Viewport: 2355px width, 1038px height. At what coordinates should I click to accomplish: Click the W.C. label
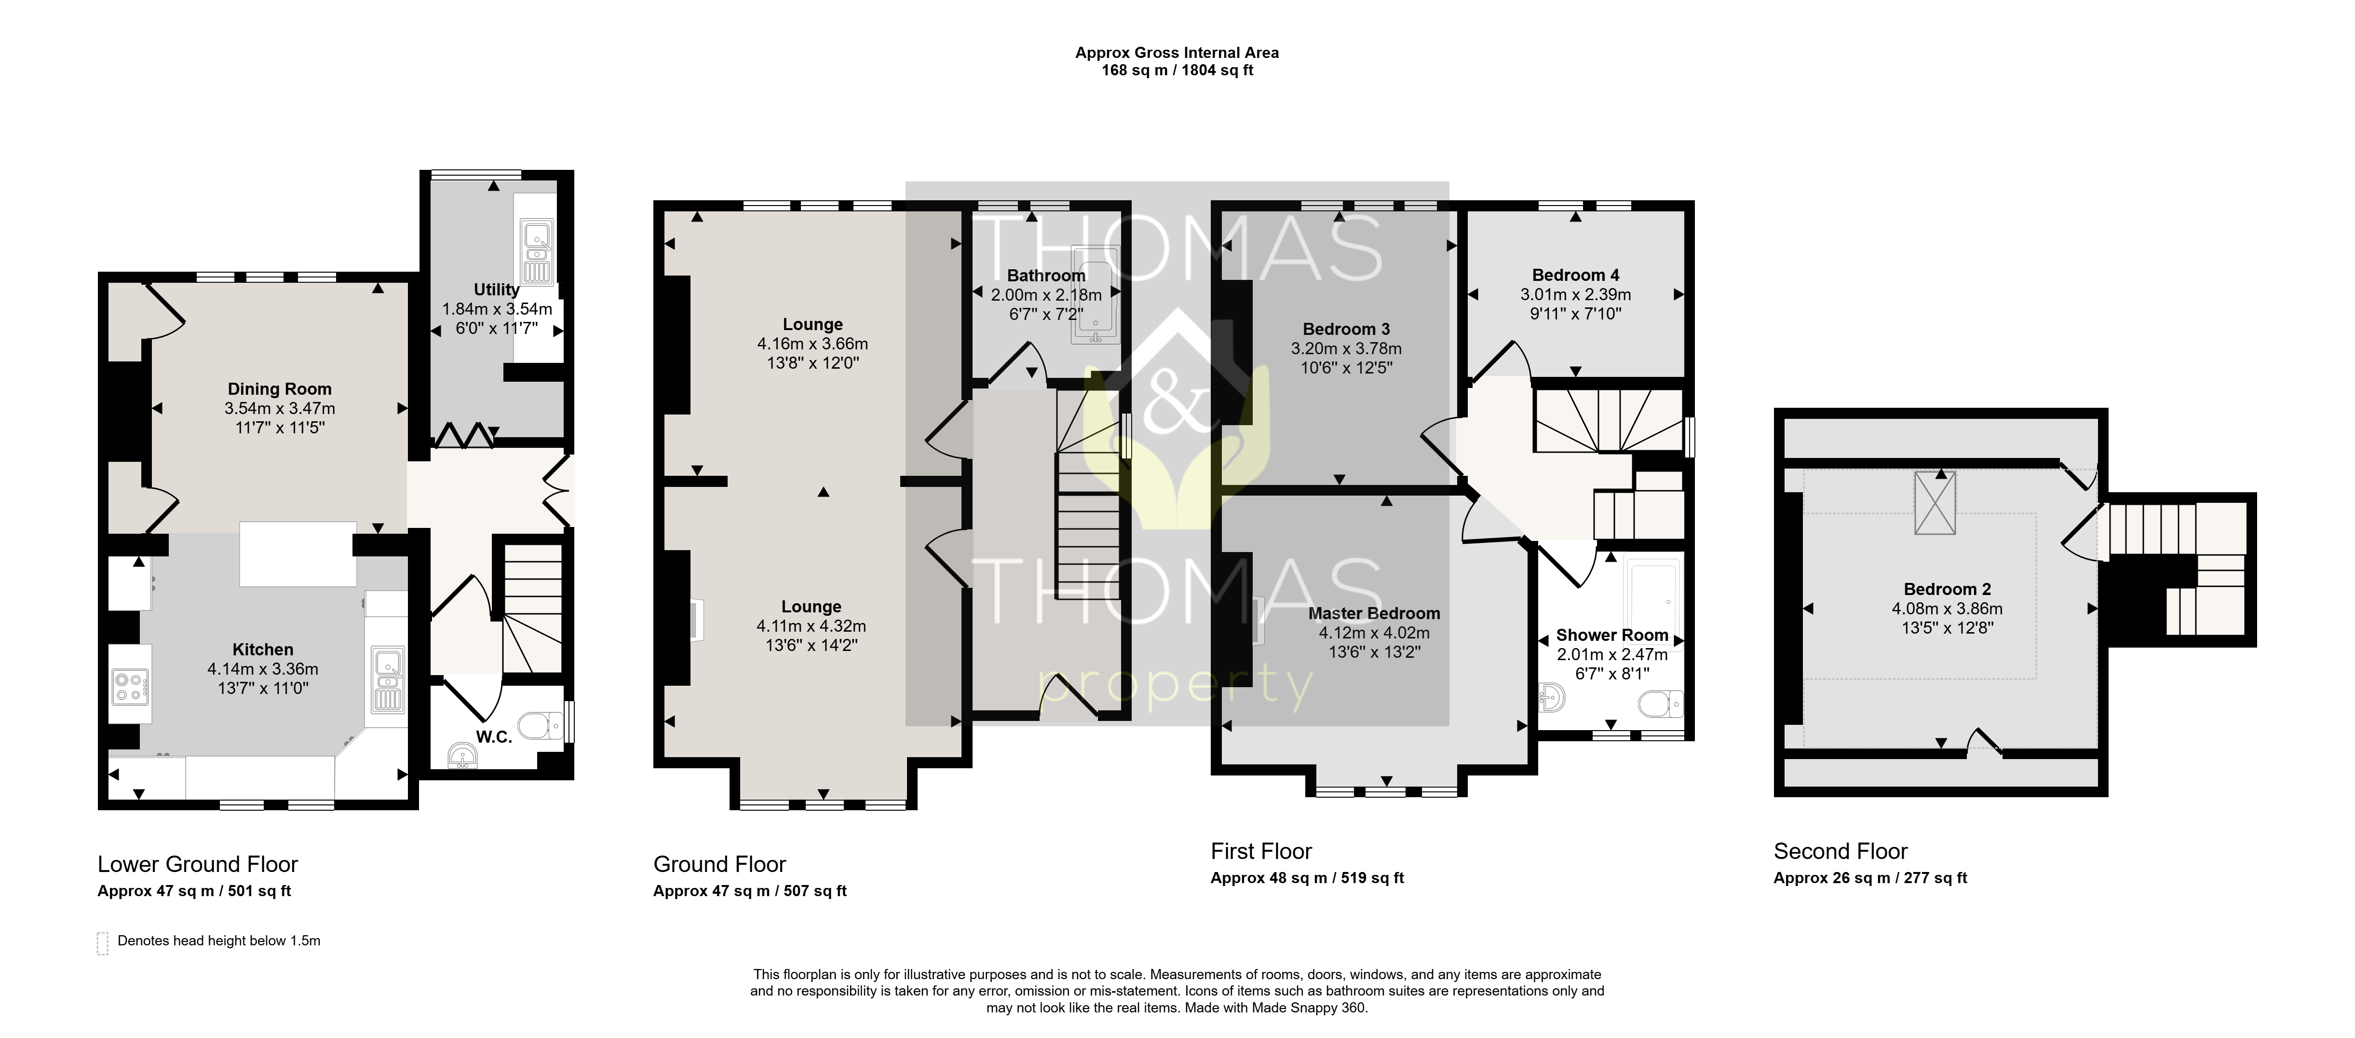pos(494,737)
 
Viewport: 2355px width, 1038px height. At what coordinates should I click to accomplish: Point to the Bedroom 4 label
pos(1575,275)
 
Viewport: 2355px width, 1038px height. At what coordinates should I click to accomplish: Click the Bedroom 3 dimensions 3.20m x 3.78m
pos(1346,348)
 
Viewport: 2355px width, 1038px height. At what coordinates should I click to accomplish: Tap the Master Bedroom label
pos(1374,614)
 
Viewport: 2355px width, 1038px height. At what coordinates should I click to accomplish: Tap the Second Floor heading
pos(1841,851)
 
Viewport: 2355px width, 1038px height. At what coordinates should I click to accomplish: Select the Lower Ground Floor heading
pos(198,864)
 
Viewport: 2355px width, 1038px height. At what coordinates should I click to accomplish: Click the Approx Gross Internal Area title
pos(1177,53)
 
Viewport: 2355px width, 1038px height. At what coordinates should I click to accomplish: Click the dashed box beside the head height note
pos(102,944)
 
